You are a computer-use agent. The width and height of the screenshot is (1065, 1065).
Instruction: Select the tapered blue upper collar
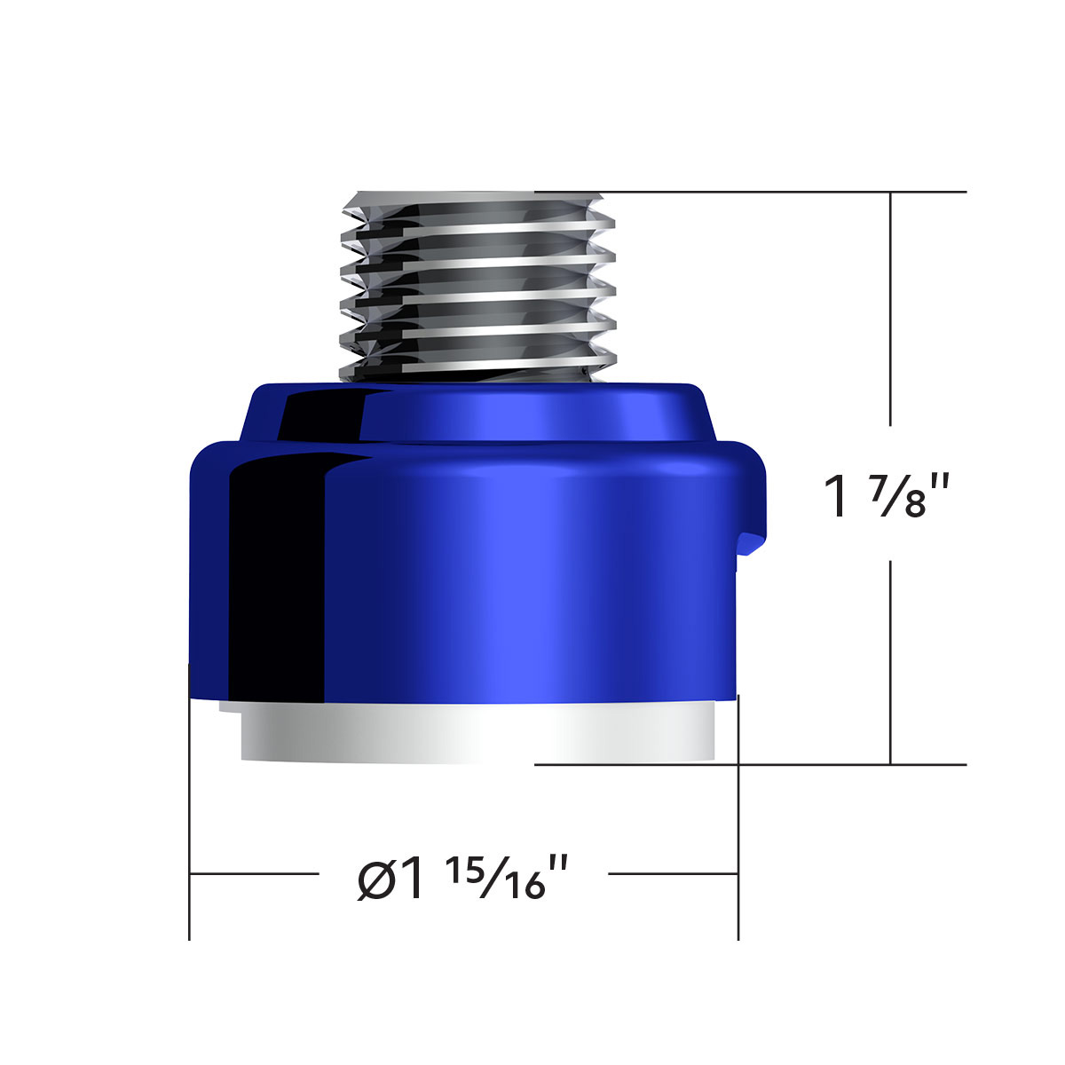(479, 413)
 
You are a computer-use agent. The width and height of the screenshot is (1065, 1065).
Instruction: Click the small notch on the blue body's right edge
(750, 543)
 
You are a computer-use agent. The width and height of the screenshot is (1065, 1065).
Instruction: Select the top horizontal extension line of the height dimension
(781, 192)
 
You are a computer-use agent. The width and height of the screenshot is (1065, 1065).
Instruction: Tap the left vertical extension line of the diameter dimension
(190, 799)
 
